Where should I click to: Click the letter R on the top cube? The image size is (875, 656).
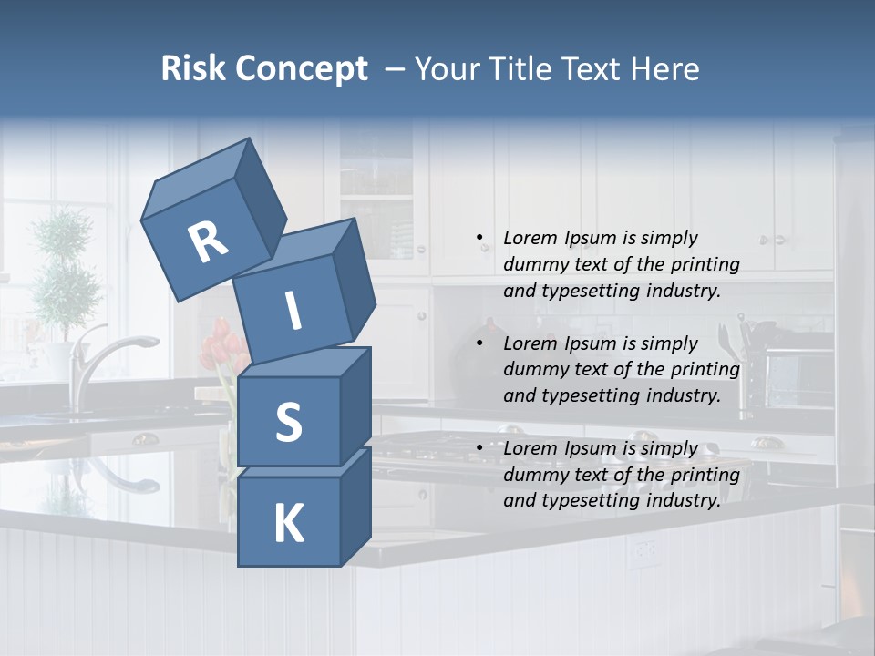(x=208, y=241)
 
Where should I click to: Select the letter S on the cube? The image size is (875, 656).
(x=288, y=422)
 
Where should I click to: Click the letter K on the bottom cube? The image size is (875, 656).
(x=288, y=524)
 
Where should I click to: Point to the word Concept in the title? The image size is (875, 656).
(x=302, y=69)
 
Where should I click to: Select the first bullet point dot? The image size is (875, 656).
(x=479, y=238)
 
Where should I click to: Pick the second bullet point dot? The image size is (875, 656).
(x=479, y=343)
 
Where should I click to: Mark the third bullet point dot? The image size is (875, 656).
(x=479, y=448)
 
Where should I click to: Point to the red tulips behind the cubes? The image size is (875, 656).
(x=221, y=346)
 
